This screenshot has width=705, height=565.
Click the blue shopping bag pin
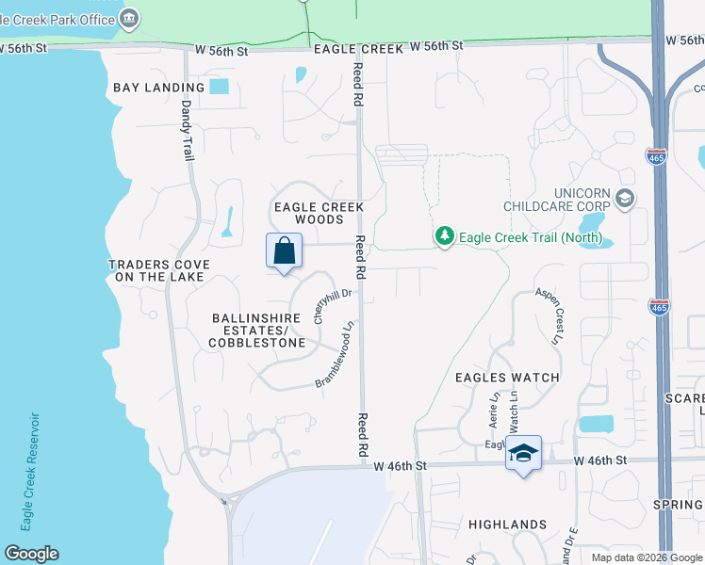pyautogui.click(x=284, y=251)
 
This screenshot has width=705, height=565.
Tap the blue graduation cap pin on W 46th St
pyautogui.click(x=523, y=454)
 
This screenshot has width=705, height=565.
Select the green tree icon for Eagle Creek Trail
pyautogui.click(x=445, y=236)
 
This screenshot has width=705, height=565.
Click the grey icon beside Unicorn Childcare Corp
pyautogui.click(x=624, y=199)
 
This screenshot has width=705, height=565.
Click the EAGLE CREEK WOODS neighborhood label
pyautogui.click(x=318, y=213)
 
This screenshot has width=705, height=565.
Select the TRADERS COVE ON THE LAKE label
pyautogui.click(x=158, y=271)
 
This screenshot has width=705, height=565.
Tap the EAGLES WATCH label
pyautogui.click(x=507, y=378)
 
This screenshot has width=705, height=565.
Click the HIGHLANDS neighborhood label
pyautogui.click(x=507, y=525)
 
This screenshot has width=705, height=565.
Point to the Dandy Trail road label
pyautogui.click(x=187, y=131)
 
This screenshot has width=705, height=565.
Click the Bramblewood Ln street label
pyautogui.click(x=336, y=356)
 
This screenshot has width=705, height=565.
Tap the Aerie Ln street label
pyautogui.click(x=493, y=412)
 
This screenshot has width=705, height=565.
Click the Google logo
pyautogui.click(x=31, y=554)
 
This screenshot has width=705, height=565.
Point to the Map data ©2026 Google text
pyautogui.click(x=646, y=557)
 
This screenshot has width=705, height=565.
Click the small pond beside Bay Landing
pyautogui.click(x=219, y=88)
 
